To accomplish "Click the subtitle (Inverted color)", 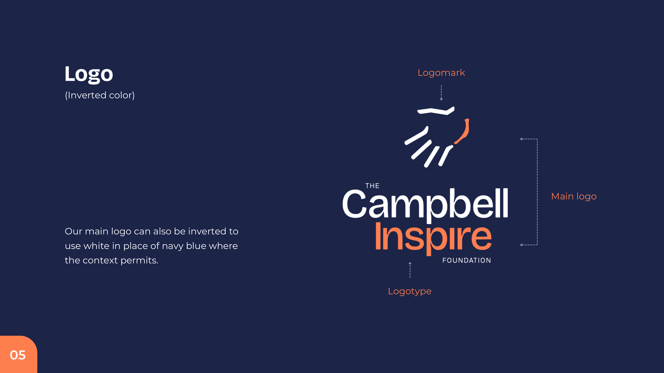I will tap(100, 95).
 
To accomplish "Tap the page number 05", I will tap(18, 355).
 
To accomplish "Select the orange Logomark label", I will tap(441, 73).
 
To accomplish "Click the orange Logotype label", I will tap(410, 291).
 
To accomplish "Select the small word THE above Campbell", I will tap(372, 186).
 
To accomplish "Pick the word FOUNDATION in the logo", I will tap(467, 260).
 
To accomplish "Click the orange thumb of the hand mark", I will tap(463, 131).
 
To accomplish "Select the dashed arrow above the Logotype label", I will tap(410, 270).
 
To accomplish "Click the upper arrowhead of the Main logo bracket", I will tap(521, 139).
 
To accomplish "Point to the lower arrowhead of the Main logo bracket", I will tap(521, 245).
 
